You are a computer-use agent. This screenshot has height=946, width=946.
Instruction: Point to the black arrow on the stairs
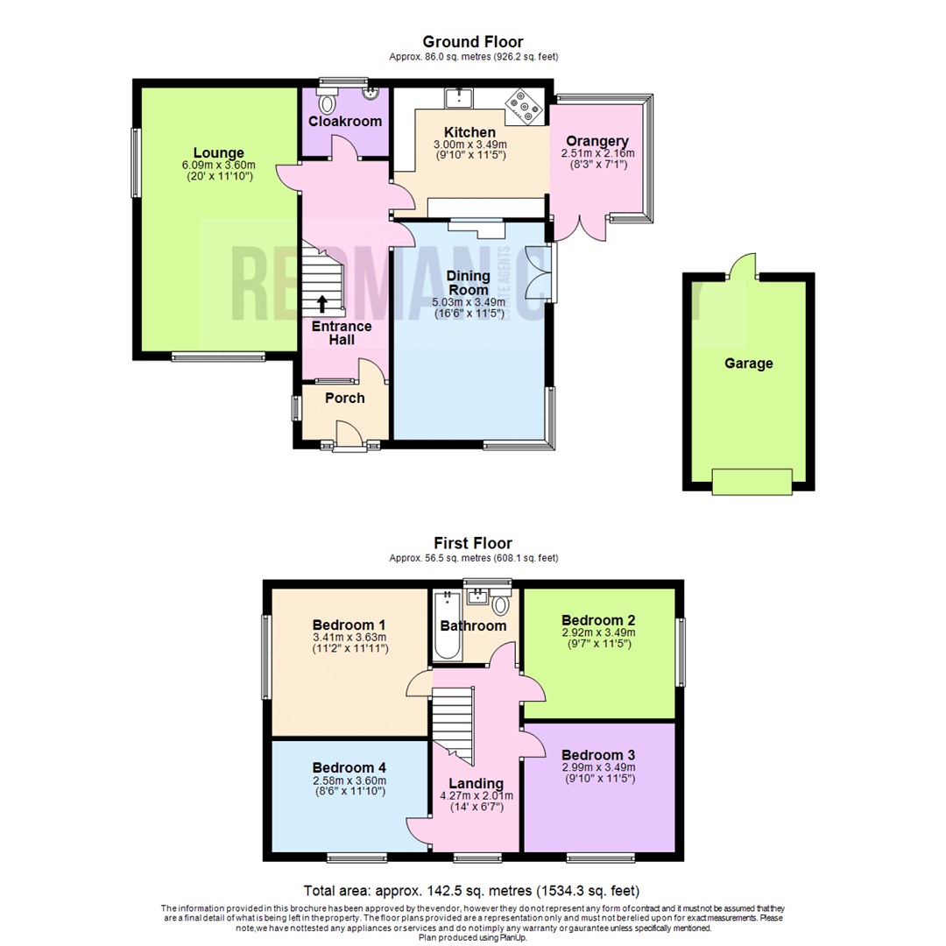point(322,303)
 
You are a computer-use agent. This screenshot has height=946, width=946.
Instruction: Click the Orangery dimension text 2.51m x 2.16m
point(598,153)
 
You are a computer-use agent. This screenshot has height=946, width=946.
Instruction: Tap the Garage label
point(749,364)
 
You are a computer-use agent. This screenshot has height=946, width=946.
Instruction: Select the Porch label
point(344,399)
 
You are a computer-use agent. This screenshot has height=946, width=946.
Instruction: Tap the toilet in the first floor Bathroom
point(501,604)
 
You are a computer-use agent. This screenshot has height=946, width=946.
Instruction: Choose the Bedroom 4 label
point(349,767)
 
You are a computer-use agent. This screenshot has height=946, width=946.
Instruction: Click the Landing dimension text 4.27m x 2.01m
point(476,796)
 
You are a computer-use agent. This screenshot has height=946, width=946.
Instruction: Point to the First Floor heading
point(473,543)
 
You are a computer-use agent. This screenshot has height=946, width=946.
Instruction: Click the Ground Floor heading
point(473,41)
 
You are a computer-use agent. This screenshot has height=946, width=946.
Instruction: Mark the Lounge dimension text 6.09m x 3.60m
point(219,165)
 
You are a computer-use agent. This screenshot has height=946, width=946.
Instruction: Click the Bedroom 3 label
point(598,755)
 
